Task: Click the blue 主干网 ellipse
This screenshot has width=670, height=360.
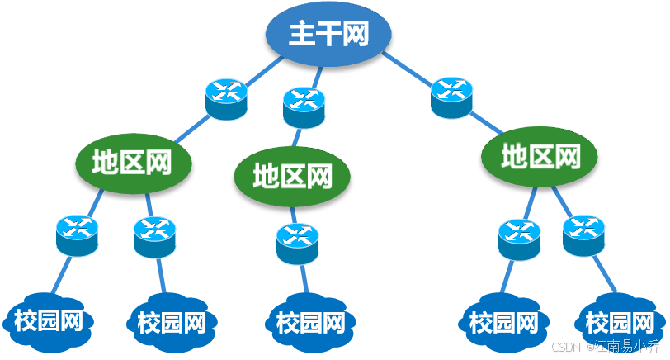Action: click(x=328, y=34)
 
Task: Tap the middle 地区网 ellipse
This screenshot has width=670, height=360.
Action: click(x=292, y=175)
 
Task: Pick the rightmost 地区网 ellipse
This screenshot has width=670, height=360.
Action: click(x=540, y=154)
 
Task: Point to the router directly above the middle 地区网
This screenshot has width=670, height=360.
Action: click(x=304, y=108)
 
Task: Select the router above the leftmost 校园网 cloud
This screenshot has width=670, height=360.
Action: click(x=78, y=234)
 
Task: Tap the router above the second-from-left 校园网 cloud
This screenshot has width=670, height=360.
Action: click(x=155, y=236)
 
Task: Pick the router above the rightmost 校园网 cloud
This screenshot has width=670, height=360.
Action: click(x=583, y=234)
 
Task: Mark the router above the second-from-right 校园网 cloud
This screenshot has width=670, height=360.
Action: click(x=519, y=239)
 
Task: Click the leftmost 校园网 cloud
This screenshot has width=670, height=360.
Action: click(x=49, y=320)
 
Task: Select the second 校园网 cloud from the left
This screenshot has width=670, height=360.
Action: click(x=172, y=321)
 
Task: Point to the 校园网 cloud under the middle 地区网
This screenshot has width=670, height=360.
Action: click(x=309, y=321)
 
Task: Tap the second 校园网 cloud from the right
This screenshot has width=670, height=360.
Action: click(x=503, y=321)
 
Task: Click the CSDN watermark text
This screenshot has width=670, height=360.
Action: click(x=565, y=347)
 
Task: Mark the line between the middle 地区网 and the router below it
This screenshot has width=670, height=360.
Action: click(x=295, y=214)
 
